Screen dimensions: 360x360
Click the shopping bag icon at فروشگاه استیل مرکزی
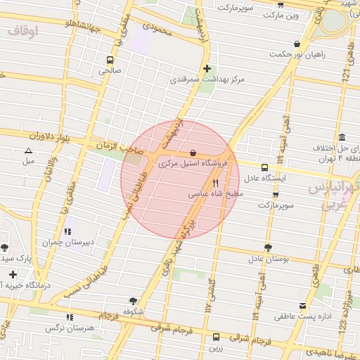pos(193,153)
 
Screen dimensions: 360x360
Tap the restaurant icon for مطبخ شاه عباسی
pos(205,183)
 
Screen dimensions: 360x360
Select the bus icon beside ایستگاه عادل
pos(264,167)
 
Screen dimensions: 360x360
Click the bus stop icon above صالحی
pos(110,60)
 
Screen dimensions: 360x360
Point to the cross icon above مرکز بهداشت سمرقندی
pos(207,68)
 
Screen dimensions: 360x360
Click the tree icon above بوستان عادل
pos(268,247)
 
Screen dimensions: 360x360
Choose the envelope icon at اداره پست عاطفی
pos(302,306)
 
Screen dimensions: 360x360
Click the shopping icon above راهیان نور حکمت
pos(297,44)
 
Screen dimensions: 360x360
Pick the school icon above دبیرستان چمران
pos(67,231)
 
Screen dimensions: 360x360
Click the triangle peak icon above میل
pos(28,150)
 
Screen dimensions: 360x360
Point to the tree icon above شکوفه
pos(134,300)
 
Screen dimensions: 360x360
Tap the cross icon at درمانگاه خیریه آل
pos(12,274)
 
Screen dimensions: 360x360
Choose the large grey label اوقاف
pos(24,32)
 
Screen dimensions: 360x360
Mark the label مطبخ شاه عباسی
pos(216,193)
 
